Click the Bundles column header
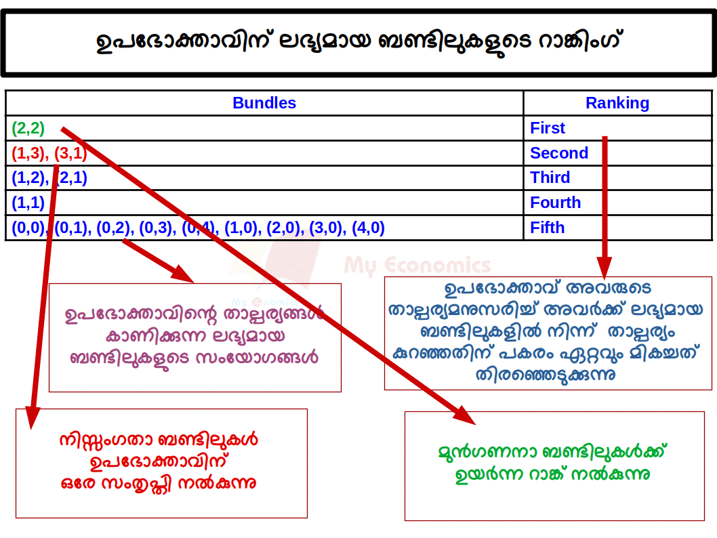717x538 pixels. (x=264, y=103)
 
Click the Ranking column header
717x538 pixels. (x=617, y=103)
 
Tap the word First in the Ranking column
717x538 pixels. (x=548, y=128)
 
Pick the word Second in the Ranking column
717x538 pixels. (x=558, y=153)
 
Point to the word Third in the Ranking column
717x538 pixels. (x=550, y=178)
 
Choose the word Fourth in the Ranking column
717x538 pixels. (x=555, y=203)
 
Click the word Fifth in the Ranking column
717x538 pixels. (x=547, y=228)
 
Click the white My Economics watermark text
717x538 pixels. (x=417, y=265)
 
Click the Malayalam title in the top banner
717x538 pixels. (x=358, y=42)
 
